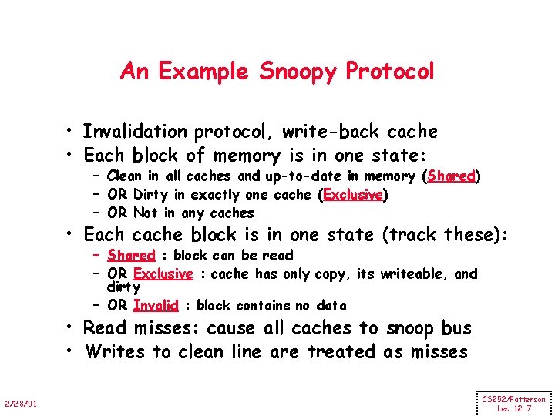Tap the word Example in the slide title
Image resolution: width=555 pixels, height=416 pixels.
coord(203,72)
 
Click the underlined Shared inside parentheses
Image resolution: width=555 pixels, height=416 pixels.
coord(452,176)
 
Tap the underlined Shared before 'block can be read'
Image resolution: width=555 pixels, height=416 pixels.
coord(132,255)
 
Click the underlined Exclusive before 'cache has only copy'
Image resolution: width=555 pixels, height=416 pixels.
coord(163,273)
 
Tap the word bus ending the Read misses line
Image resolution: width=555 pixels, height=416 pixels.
coord(456,328)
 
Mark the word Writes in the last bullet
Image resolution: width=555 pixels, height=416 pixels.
coord(115,352)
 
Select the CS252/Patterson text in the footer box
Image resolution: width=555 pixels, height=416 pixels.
coord(514,399)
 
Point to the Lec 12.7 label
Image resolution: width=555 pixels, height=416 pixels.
coord(514,408)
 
